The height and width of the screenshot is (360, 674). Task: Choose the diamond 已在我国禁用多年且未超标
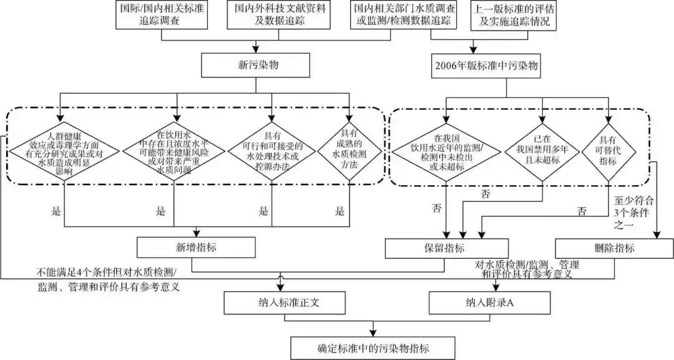pos(543,150)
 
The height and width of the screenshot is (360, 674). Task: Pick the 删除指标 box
pos(612,248)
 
